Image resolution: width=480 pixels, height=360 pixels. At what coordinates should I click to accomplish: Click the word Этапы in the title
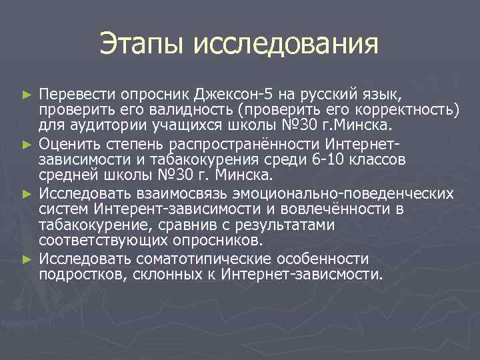pos(142,45)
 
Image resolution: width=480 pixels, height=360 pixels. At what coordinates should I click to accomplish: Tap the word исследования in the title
pos(285,45)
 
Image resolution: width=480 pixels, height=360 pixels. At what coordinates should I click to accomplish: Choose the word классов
pos(383,160)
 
